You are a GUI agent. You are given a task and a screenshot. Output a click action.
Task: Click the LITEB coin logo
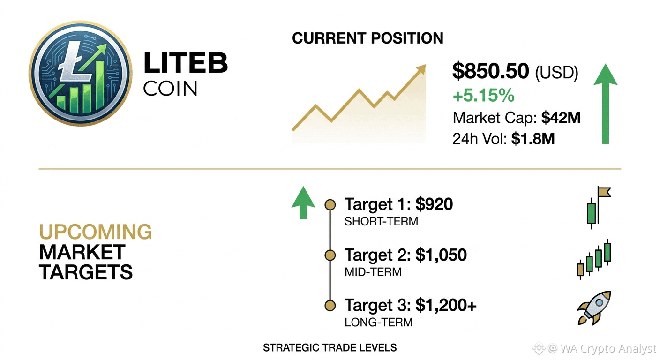[x=81, y=74]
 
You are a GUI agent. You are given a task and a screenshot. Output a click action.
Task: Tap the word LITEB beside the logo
[x=186, y=62]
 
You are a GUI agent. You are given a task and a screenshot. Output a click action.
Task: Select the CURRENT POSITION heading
[x=367, y=38]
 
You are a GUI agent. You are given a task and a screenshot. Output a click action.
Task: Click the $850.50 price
[x=491, y=71]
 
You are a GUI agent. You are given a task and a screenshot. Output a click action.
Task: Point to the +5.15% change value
[x=483, y=96]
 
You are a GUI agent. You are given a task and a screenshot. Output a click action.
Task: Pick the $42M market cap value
[x=561, y=118]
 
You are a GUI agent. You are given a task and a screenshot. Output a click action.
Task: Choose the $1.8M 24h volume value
[x=532, y=139]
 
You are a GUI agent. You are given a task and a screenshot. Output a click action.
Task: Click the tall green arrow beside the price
[x=606, y=104]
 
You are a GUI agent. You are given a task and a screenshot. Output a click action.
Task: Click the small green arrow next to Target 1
[x=303, y=202]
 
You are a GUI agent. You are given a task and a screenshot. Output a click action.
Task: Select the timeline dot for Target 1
[x=330, y=204]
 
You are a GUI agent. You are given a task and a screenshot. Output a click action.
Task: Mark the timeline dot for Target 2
[x=330, y=255]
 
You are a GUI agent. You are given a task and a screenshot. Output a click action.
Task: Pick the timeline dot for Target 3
[x=330, y=306]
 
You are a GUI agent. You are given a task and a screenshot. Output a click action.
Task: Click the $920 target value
[x=434, y=204]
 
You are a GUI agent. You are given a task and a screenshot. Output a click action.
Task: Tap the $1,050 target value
[x=441, y=255]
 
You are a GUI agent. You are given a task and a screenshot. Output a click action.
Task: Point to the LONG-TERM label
[x=379, y=322]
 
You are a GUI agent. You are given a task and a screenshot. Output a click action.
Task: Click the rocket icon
[x=594, y=308]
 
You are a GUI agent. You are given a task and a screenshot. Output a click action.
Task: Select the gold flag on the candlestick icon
[x=605, y=192]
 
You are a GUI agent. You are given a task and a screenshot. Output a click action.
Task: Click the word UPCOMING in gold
[x=96, y=232]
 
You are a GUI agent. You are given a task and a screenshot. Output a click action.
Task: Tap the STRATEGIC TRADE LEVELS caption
[x=330, y=348]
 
